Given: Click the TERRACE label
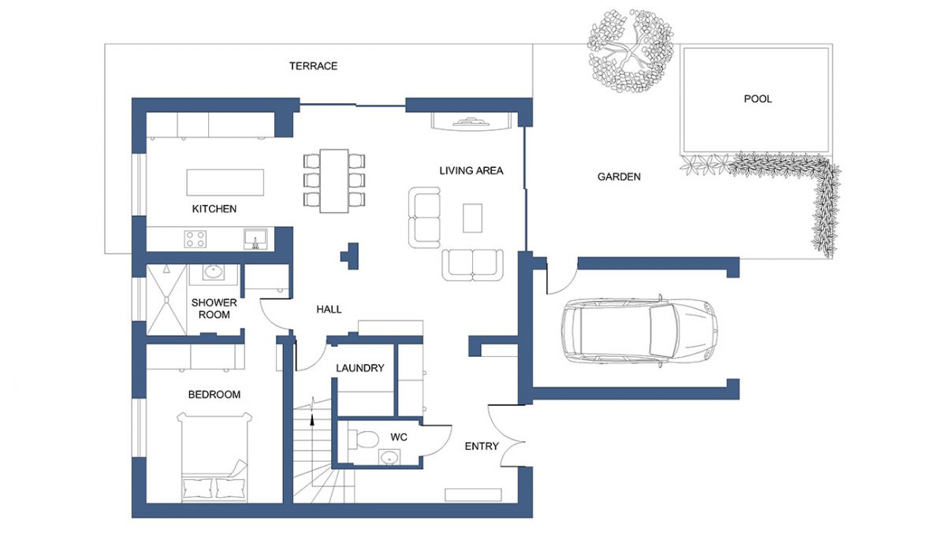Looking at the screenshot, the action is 314,66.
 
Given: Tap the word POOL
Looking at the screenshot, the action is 758,98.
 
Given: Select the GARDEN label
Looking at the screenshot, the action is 619,176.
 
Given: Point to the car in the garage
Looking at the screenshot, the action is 639,331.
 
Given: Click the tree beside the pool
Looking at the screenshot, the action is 631,50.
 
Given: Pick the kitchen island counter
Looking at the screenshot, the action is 225,183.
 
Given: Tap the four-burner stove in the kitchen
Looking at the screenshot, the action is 196,239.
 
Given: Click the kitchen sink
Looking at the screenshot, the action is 255,239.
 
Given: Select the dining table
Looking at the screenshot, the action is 334,180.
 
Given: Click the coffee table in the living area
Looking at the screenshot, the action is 472,218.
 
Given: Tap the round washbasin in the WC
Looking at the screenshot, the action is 389,457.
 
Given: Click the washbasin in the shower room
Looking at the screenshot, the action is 213,273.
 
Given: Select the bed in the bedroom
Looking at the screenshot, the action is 214,458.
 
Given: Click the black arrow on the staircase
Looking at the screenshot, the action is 312,419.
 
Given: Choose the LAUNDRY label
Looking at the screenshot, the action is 359,368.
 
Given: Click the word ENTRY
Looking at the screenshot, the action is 482,446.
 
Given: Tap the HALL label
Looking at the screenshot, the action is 329,310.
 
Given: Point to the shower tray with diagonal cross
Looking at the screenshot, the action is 166,299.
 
